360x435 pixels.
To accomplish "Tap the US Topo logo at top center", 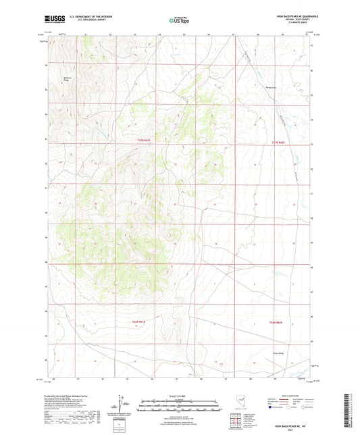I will point(180,20).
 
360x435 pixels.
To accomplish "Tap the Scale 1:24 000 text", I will point(180,395).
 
